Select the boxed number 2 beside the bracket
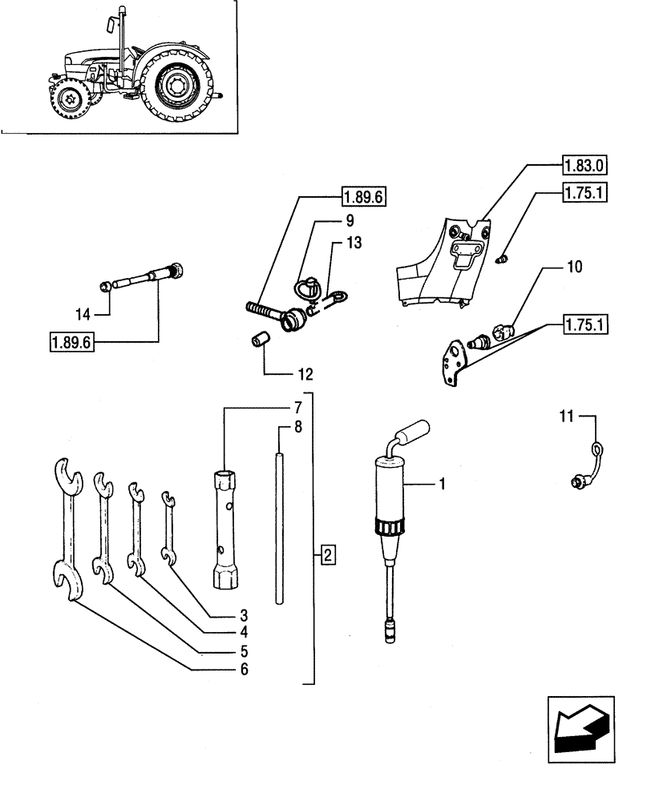click(x=327, y=553)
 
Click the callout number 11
click(x=565, y=416)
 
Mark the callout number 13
click(x=354, y=242)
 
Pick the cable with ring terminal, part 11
click(x=589, y=465)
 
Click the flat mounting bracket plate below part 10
click(x=456, y=361)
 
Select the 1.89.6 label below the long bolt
click(x=71, y=344)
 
